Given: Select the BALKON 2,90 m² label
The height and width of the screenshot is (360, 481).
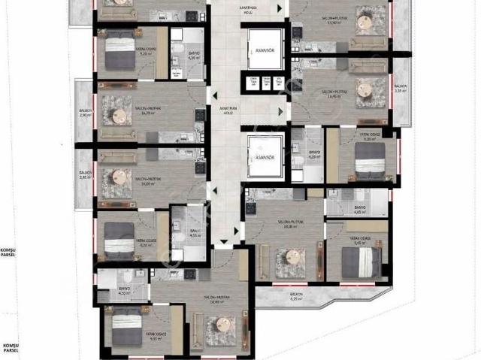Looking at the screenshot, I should point(85,115).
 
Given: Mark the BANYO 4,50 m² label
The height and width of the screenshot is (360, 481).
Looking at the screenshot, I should point(125,292).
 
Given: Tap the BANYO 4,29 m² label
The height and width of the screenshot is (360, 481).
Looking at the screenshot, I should point(315,156).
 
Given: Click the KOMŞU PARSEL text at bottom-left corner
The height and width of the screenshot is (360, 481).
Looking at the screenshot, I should point(11,349).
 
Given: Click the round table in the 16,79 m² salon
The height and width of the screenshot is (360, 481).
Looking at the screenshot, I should point(118,115).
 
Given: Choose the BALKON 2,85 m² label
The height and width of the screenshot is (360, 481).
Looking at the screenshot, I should point(85,177).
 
